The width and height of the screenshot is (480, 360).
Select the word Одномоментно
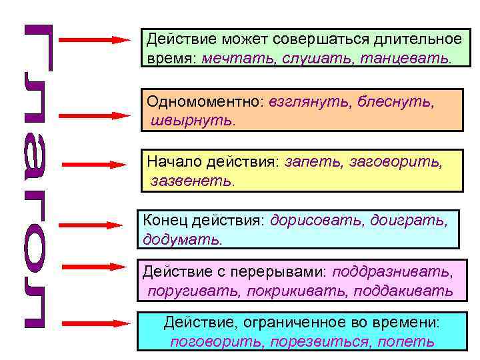(206, 103)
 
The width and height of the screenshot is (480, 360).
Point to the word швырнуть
(184, 122)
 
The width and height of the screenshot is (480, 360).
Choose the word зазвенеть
(191, 180)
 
